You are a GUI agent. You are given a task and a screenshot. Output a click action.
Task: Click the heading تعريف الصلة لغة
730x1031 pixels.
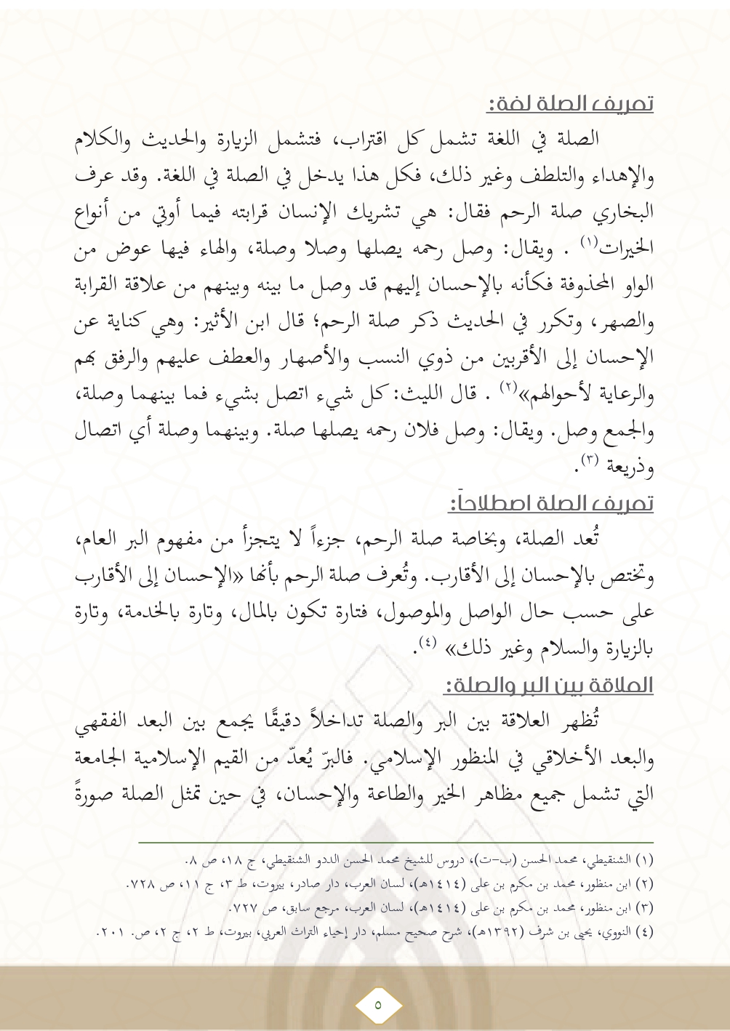coord(570,104)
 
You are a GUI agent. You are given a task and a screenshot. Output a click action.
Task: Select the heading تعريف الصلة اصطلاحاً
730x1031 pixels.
coord(552,503)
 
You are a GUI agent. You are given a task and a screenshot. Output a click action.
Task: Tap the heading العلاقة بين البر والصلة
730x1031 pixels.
coord(549,685)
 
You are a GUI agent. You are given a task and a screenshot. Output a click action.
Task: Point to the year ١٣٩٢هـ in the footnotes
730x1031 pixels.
coord(502,931)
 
